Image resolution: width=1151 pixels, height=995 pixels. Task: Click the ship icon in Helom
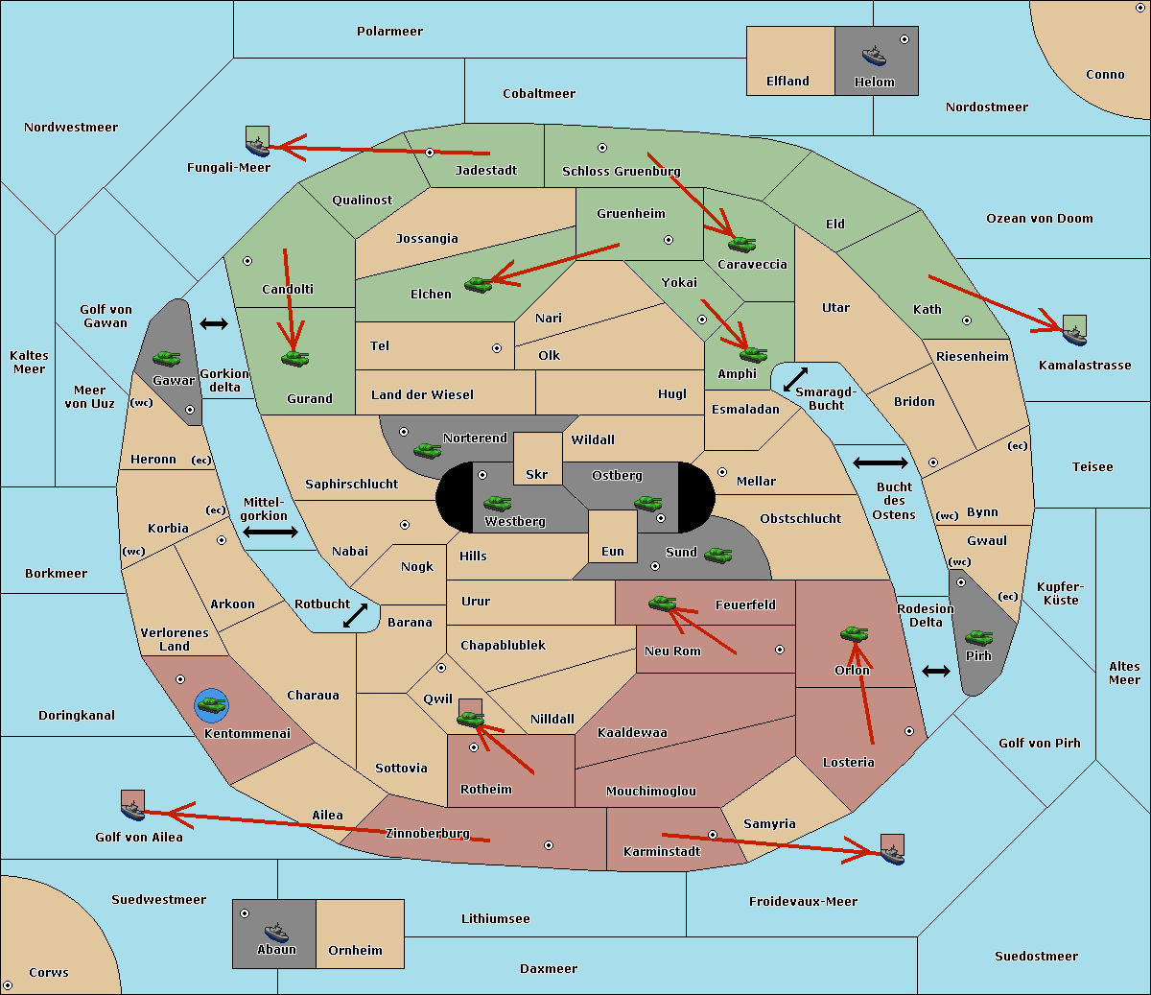[874, 56]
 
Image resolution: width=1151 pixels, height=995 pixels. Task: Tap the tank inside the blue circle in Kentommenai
[212, 705]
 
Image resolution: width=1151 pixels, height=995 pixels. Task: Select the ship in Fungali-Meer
[257, 146]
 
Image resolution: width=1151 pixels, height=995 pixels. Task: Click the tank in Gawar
[167, 358]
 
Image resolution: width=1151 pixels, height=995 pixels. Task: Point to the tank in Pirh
[979, 637]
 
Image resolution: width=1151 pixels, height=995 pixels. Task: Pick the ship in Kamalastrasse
[1074, 335]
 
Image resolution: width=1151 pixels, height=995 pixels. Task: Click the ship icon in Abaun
[277, 932]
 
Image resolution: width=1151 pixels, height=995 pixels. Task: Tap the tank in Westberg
[497, 503]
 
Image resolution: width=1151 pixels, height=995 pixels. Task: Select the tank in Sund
[717, 555]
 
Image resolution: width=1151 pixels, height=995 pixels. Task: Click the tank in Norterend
[427, 450]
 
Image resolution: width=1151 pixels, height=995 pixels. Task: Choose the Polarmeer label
[389, 32]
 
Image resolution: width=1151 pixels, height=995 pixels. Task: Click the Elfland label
[787, 82]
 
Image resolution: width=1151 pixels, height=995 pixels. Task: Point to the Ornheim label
[355, 950]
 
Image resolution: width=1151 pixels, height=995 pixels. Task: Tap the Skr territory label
[537, 474]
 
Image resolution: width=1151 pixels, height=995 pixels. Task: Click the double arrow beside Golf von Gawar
[214, 323]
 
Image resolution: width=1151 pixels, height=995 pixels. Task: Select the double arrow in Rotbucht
[355, 615]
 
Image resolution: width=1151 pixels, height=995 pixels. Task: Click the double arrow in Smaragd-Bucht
[795, 379]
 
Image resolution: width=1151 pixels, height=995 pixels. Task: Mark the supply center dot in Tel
[497, 348]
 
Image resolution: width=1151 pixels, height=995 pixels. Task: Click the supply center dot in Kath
[967, 320]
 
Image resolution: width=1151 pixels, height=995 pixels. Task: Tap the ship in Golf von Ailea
[133, 810]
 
